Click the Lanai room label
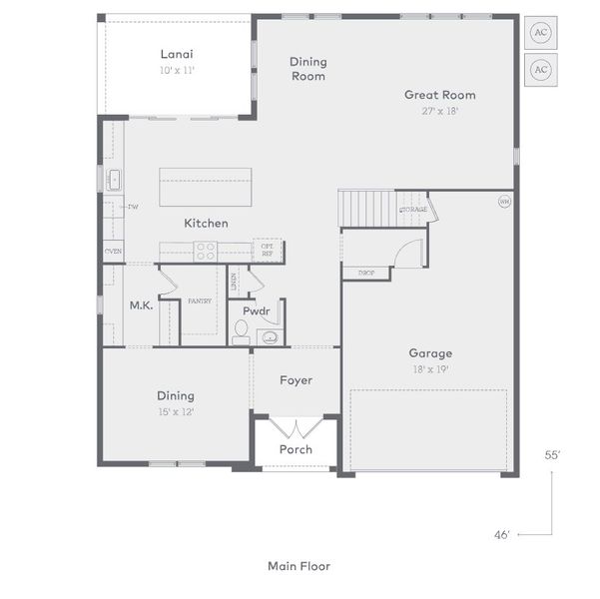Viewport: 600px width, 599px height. (x=176, y=54)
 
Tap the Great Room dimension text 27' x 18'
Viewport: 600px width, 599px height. (x=439, y=111)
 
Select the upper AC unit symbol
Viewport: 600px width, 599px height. (x=540, y=31)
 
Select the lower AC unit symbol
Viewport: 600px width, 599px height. (x=540, y=69)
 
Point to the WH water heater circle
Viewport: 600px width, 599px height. (x=504, y=201)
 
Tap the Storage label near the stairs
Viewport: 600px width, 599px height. (x=413, y=210)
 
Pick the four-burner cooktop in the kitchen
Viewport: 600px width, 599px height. (x=206, y=251)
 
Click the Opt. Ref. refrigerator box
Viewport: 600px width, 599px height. (x=268, y=251)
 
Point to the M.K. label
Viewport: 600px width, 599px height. (x=140, y=305)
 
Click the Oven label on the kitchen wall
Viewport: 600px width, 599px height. (x=113, y=251)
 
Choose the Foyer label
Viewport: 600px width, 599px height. (x=296, y=380)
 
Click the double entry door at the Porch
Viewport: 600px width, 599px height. (x=296, y=428)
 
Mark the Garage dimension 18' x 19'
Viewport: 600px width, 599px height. (x=429, y=368)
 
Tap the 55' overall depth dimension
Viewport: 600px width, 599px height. (x=552, y=454)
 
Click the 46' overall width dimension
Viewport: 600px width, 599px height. (x=501, y=535)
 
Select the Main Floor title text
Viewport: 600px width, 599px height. (x=299, y=566)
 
